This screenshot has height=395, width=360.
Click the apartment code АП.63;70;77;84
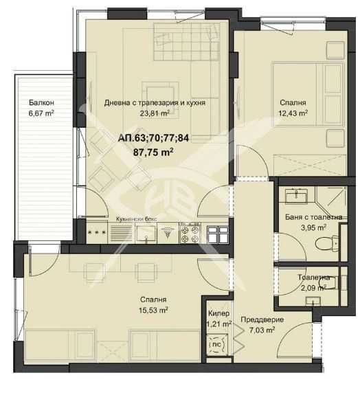pos(153,139)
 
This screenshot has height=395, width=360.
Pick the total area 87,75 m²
pos(153,153)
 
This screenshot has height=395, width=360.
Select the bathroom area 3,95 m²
pos(313,227)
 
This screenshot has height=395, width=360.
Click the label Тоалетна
pos(314,278)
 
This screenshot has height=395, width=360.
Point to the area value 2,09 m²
pos(312,288)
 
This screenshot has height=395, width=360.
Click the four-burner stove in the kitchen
pos(189,234)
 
